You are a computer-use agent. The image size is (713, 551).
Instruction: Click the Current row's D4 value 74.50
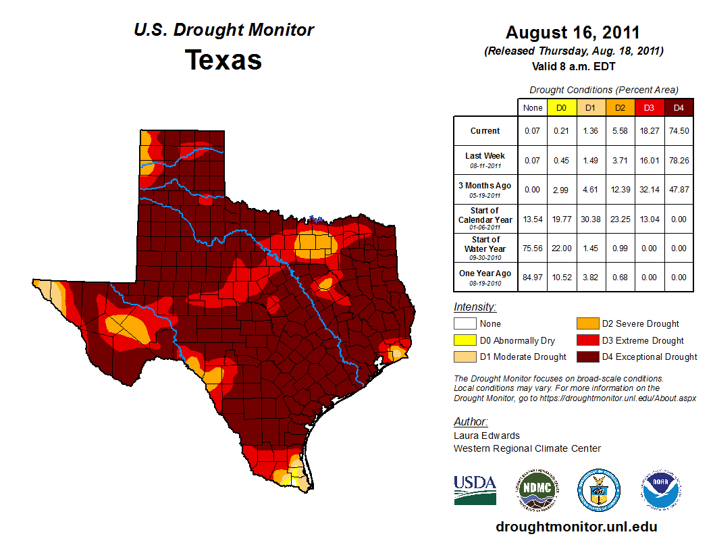tap(679, 130)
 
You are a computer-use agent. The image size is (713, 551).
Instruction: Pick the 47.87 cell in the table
tap(679, 189)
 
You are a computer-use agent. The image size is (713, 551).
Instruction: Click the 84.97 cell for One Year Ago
tap(531, 277)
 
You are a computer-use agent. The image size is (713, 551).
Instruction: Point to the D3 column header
tap(649, 107)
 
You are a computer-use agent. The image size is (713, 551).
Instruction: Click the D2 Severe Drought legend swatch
tap(587, 324)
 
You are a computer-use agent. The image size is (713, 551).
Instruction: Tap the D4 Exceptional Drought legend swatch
tap(587, 357)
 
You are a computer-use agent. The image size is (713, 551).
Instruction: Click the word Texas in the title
tap(223, 60)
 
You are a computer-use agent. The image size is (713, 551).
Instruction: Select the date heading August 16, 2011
tap(573, 32)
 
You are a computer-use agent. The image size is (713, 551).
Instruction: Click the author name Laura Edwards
tap(487, 436)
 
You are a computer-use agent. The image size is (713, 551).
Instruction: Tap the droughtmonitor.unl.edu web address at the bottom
tap(576, 527)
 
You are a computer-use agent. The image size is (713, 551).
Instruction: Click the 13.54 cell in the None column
tap(531, 219)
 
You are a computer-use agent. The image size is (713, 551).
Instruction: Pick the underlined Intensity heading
tap(475, 307)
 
